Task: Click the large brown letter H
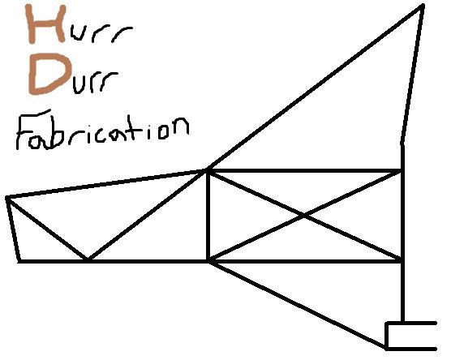point(46,24)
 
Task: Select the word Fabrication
point(102,131)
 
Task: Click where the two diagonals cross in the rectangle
point(304,216)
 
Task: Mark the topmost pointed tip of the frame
point(423,5)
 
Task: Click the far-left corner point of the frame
point(7,198)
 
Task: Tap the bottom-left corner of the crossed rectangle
point(208,261)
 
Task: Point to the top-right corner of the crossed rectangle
point(402,171)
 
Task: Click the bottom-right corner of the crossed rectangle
point(402,261)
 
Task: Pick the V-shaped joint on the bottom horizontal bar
point(87,260)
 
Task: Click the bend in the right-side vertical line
point(402,144)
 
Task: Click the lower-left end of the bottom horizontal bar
point(19,261)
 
